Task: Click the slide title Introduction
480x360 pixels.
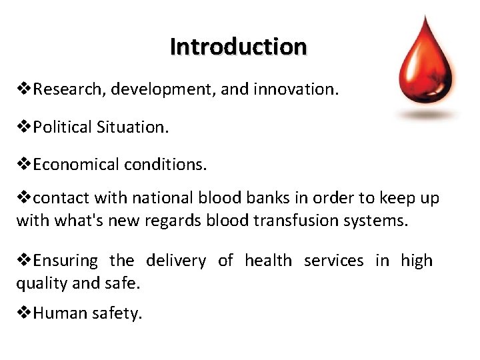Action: click(238, 47)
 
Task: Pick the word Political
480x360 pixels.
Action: click(65, 127)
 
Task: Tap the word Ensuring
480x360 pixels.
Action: click(65, 261)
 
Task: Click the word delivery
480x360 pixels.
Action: click(176, 261)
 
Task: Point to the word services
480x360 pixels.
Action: click(333, 261)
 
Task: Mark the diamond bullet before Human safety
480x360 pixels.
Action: click(24, 313)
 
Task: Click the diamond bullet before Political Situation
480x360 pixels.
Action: click(24, 127)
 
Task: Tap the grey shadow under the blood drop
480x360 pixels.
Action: click(427, 115)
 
